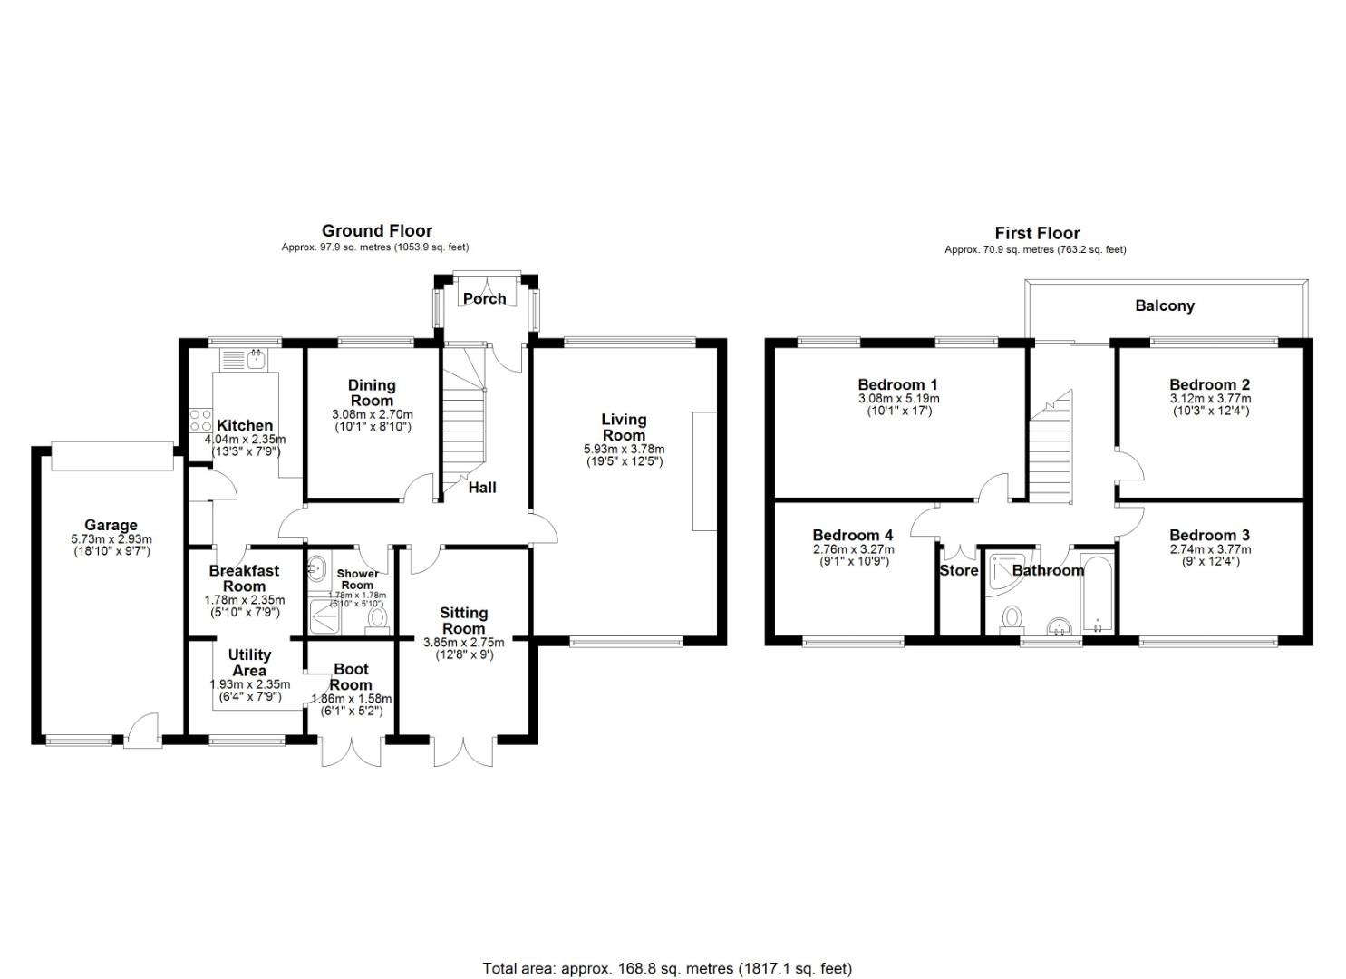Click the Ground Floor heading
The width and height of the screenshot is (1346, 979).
point(377,231)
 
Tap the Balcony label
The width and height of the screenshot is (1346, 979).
point(1165,305)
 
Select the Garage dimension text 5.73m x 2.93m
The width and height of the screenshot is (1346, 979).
point(111,539)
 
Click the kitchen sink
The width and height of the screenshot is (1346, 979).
point(257,359)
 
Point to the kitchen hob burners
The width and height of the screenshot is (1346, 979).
point(200,420)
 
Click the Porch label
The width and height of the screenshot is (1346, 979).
point(484,299)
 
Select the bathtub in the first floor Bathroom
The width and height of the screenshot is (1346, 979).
point(1098,593)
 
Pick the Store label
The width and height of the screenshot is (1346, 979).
point(958,570)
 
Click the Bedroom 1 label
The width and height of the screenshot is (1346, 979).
point(897,384)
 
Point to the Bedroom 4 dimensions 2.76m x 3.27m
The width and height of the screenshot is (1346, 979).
point(853,549)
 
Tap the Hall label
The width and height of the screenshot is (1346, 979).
point(482,488)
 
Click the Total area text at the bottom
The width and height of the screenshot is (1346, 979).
point(667,935)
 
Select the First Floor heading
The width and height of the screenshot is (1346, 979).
point(1037,233)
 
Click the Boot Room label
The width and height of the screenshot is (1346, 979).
point(351,677)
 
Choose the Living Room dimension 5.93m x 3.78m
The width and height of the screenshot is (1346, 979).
point(625,449)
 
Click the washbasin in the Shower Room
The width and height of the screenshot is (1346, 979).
point(316,567)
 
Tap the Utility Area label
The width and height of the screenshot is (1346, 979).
point(249,663)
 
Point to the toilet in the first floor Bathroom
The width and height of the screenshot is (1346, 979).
point(1012,620)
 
